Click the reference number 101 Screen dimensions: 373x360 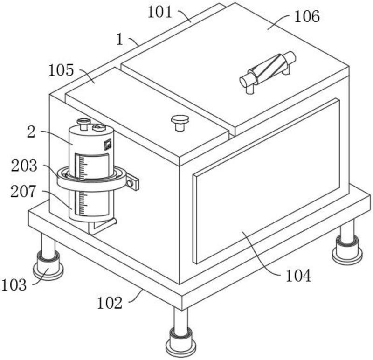click(159, 12)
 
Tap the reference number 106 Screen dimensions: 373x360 click(307, 17)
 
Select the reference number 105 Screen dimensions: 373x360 click(61, 70)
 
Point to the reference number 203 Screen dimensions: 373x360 click(24, 166)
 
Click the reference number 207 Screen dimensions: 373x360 click(23, 192)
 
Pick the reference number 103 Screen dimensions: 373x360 click(14, 285)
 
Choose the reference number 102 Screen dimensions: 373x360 click(110, 303)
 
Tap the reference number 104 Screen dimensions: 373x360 click(298, 276)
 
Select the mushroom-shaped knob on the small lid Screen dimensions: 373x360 click(180, 123)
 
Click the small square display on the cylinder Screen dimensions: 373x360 click(108, 145)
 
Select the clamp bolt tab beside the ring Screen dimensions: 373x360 click(132, 182)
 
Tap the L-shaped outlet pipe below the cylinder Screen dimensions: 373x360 click(102, 226)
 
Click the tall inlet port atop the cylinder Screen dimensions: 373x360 click(83, 124)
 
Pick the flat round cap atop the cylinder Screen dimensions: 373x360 click(99, 128)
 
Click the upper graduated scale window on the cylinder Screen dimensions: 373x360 click(92, 166)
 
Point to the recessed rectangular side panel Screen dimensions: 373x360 click(266, 181)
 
